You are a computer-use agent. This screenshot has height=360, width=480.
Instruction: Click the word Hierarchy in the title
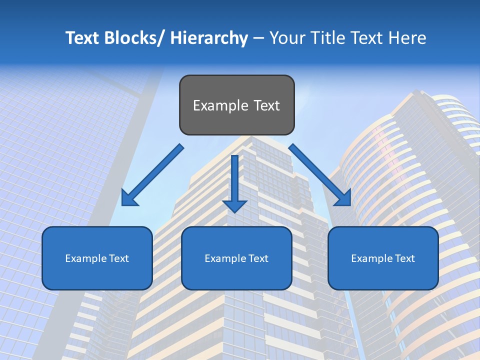click(x=209, y=38)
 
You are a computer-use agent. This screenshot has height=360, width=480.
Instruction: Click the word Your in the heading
click(x=286, y=38)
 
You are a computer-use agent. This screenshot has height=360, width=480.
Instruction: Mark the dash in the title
click(x=258, y=38)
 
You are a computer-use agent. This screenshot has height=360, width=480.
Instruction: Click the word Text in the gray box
click(x=266, y=105)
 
